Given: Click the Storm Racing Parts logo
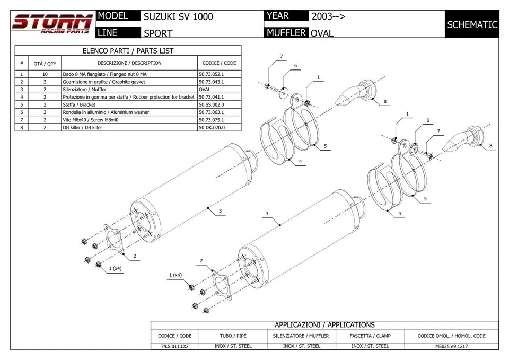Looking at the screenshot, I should click(52, 24).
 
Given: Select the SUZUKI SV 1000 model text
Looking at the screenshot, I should click(178, 16).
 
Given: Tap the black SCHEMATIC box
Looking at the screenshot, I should click(472, 24).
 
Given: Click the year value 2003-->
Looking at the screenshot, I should click(328, 16).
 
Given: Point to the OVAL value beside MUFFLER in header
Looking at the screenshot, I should click(322, 33).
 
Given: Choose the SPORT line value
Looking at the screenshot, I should click(158, 33).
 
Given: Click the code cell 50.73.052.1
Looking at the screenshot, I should click(211, 75).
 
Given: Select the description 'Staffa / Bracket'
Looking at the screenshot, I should click(79, 105).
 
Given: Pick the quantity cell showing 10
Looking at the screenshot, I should click(45, 75).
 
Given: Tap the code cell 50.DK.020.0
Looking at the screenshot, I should click(211, 127).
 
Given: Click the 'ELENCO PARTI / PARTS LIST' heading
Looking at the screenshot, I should click(128, 51).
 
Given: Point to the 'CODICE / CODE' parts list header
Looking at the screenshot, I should click(219, 63).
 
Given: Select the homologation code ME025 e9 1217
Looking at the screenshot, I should click(451, 346).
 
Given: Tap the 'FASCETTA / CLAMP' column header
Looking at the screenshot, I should click(370, 336).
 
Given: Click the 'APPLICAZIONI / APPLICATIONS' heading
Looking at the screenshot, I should click(324, 324).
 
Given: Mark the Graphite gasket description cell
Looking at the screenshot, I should click(103, 82).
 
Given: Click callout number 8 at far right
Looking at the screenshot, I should click(490, 146).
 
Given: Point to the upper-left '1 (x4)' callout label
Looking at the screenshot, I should click(115, 268).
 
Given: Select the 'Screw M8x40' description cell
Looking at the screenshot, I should click(91, 120).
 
